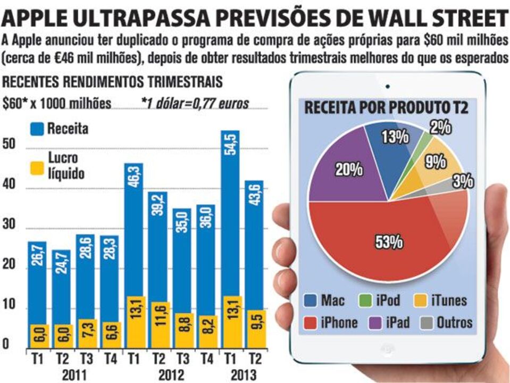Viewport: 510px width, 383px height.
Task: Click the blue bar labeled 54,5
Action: pos(230,213)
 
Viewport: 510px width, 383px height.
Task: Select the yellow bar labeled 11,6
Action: pos(158,324)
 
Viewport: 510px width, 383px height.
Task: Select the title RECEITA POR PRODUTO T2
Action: pos(386,109)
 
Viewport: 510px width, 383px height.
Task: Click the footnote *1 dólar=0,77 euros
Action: pos(195,103)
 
